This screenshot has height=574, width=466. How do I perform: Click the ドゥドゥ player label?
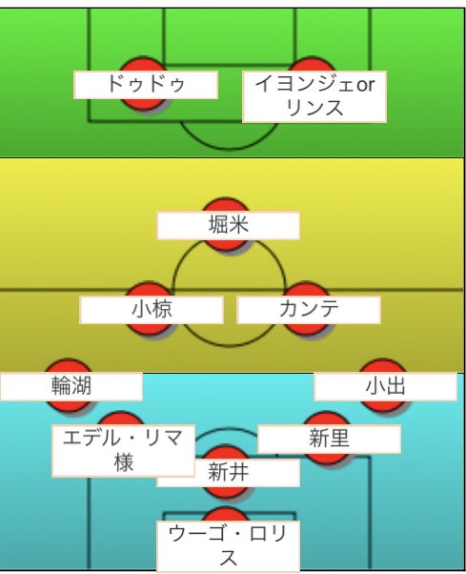pos(146,85)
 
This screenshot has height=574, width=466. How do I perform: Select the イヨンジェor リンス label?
pos(314,96)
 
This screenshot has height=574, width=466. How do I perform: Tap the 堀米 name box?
pos(229,225)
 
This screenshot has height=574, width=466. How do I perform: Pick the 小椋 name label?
pos(152,310)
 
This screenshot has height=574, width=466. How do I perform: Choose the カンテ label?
pos(309,310)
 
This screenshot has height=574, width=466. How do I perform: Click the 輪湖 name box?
pos(71,386)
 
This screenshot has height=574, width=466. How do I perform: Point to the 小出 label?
pos(386,386)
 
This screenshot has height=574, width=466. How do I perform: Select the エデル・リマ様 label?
pos(123,451)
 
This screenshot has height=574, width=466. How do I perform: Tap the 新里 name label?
pos(329,439)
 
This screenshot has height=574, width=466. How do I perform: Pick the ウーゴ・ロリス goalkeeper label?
pos(229,546)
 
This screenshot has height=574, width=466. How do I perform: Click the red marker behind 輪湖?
pos(69,386)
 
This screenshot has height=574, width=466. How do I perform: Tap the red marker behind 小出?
pos(383,386)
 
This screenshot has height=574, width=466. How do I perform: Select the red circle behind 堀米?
pos(226,225)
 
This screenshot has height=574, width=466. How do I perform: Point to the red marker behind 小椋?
pos(149,309)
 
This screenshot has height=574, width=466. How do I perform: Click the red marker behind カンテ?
pos(307,309)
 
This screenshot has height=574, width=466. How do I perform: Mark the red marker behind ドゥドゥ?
pos(143,84)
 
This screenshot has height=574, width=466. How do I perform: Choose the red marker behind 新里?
pos(326,439)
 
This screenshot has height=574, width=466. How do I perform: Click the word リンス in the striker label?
pos(314,108)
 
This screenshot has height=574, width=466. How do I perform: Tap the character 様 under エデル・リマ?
pos(123,462)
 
